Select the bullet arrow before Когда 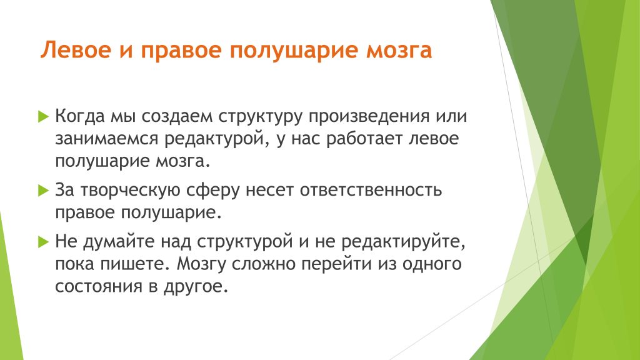[x=43, y=117]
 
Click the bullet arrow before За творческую [x=43, y=190]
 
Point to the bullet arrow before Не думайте [x=43, y=242]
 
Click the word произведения [x=369, y=117]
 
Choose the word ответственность [x=371, y=190]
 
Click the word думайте [x=119, y=242]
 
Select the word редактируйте [x=403, y=242]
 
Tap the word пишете [x=134, y=264]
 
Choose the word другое [x=196, y=286]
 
